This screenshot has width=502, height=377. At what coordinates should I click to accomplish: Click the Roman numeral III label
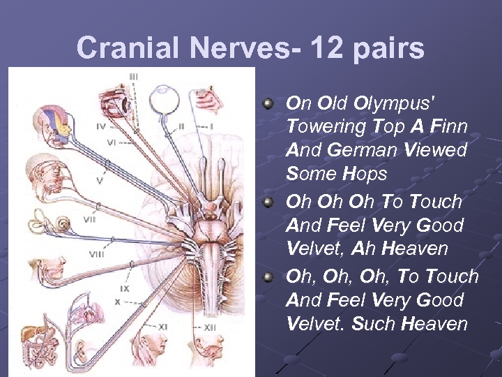[133, 76]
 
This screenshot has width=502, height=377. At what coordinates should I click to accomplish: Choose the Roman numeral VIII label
[96, 254]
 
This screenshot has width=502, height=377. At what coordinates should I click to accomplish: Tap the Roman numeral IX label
[124, 288]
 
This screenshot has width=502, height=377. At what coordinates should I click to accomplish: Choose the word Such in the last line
[368, 324]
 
